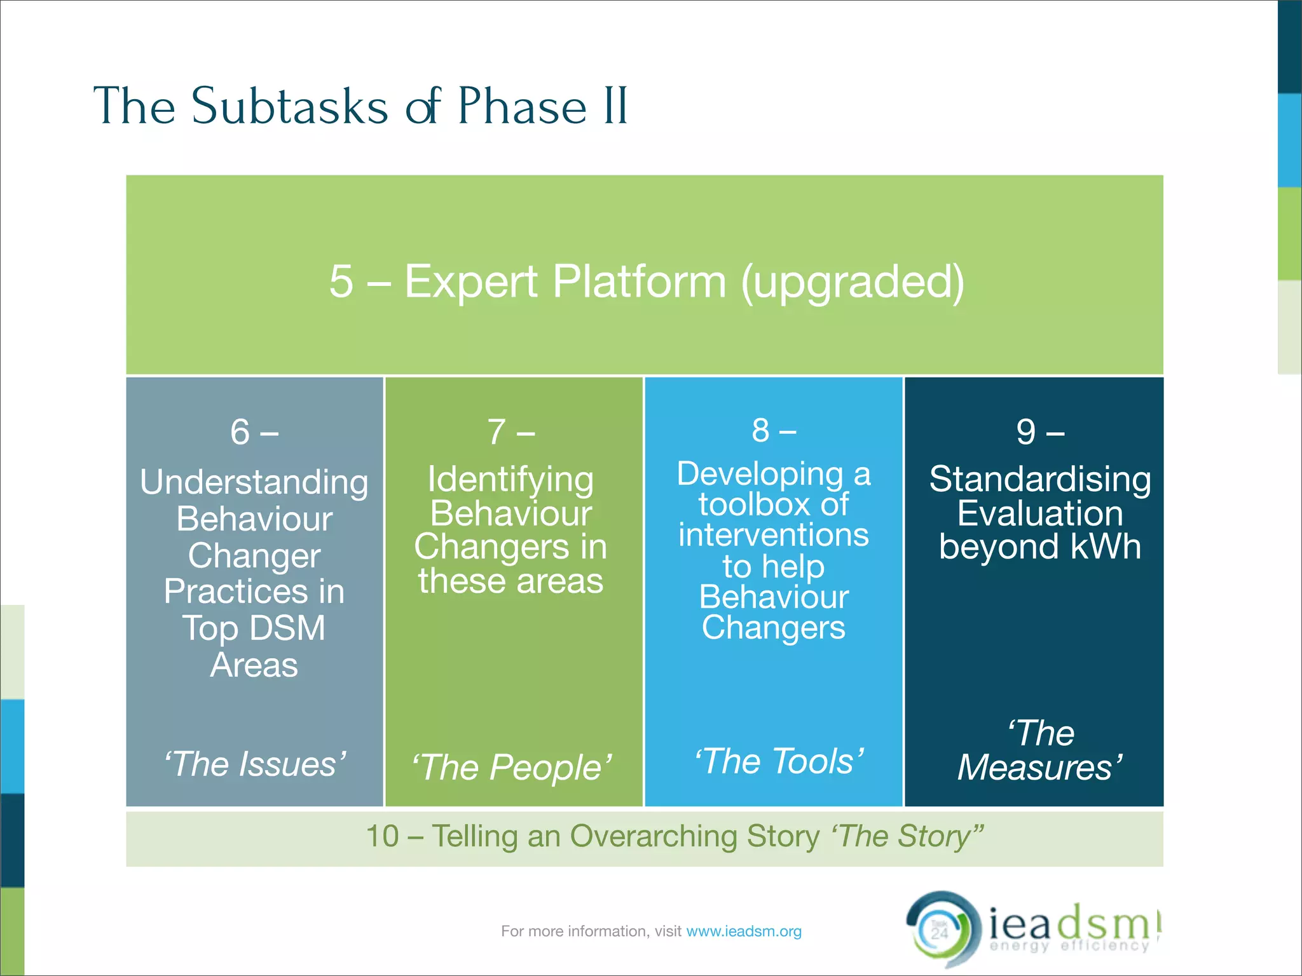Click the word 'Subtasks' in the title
click(289, 107)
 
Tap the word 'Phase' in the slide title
click(521, 107)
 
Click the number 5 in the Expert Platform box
click(341, 281)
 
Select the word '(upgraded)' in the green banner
click(853, 281)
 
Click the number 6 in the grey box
click(240, 433)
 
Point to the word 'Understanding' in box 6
click(254, 482)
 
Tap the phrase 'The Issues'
click(255, 764)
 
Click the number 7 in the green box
click(497, 433)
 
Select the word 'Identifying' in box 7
click(511, 479)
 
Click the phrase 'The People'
click(512, 768)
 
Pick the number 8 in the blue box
click(760, 431)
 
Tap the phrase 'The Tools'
click(779, 761)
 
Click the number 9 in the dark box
click(1025, 433)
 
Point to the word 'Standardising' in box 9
click(1040, 479)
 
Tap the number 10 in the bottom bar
click(382, 836)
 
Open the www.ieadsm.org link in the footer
click(744, 932)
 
